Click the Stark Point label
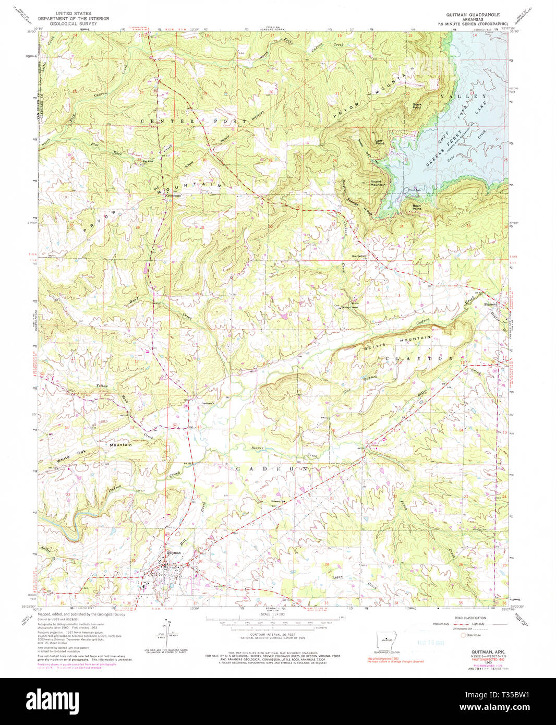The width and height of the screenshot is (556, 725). [417, 105]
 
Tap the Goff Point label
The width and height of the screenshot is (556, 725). [379, 142]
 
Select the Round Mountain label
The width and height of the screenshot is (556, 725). [378, 183]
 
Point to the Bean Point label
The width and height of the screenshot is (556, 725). [417, 207]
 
